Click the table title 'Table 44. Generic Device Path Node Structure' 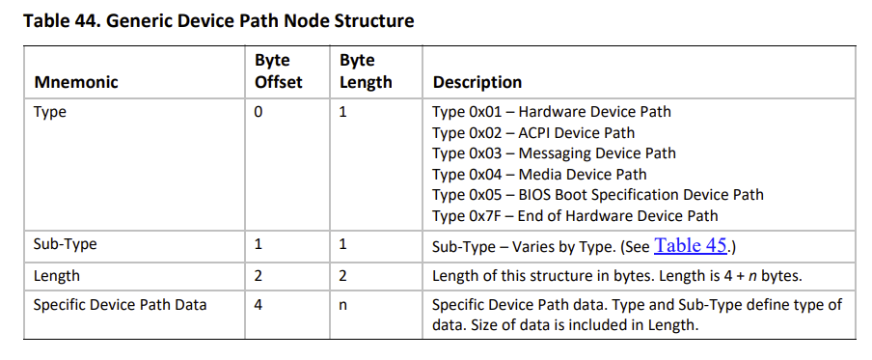click(x=219, y=21)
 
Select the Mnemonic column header click(x=76, y=82)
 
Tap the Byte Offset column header click(x=279, y=71)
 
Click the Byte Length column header click(x=366, y=71)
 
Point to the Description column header click(x=477, y=82)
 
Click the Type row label click(x=50, y=112)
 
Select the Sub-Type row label click(x=65, y=244)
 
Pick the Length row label click(x=57, y=276)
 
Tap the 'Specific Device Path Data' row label click(x=121, y=305)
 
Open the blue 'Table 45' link click(x=690, y=245)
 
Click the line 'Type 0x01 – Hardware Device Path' click(x=552, y=112)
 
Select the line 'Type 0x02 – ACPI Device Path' click(x=533, y=133)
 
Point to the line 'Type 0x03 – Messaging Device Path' click(x=554, y=153)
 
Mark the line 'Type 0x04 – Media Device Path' click(x=539, y=175)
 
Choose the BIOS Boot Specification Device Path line click(x=598, y=195)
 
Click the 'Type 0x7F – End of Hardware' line click(x=575, y=216)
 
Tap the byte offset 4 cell click(x=259, y=305)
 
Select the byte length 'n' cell click(x=342, y=306)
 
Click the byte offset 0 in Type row click(x=259, y=112)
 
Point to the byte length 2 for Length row click(x=342, y=276)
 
